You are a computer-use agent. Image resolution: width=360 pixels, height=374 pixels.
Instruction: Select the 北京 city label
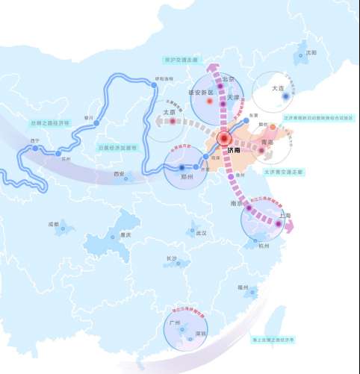point(227,78)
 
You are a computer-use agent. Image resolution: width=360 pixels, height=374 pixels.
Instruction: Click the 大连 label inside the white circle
point(278,88)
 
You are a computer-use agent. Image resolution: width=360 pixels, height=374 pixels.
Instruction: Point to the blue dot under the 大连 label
point(285,96)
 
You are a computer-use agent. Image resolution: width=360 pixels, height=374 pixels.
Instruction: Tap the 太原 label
point(169,113)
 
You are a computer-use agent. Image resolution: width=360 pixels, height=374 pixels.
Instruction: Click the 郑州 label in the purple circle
point(185,178)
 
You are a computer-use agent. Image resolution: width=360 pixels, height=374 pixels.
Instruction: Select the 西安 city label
point(119,174)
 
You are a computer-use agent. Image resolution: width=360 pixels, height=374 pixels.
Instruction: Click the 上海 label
point(284,216)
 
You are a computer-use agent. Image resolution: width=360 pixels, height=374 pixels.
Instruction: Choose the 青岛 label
point(266,141)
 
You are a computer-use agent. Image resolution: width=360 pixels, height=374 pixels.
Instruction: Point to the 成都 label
point(53,223)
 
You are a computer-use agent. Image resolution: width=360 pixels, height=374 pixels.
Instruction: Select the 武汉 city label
point(200,233)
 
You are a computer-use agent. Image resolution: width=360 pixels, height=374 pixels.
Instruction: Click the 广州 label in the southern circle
point(176,323)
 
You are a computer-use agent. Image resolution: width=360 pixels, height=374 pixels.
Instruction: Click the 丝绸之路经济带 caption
point(50,122)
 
